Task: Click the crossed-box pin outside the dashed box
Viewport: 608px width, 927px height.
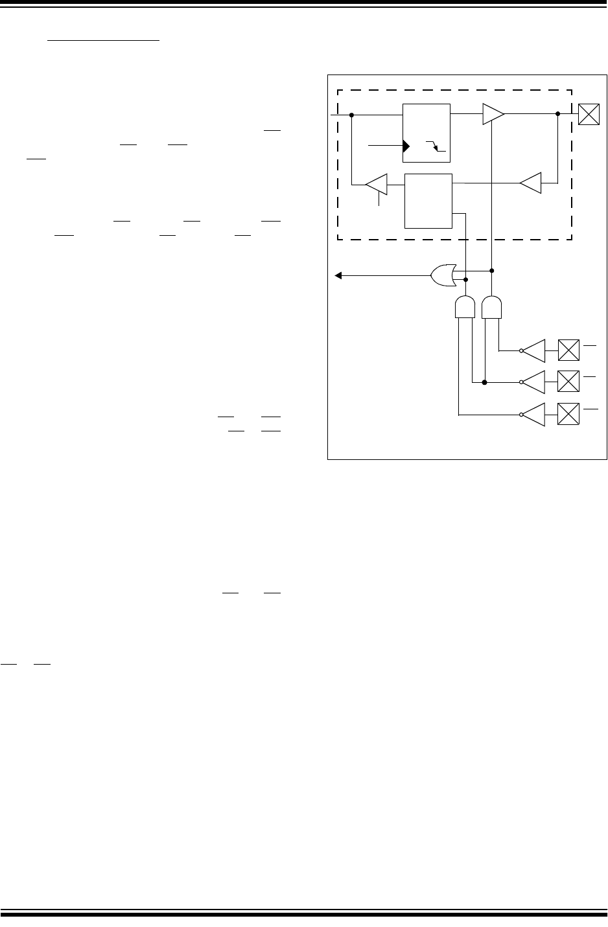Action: click(x=589, y=115)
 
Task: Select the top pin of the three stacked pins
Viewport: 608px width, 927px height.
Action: click(x=568, y=350)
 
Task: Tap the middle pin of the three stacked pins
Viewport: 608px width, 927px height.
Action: click(x=568, y=382)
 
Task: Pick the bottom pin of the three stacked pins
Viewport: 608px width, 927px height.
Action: click(x=568, y=415)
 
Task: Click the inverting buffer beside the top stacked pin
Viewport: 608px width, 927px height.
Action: click(x=534, y=350)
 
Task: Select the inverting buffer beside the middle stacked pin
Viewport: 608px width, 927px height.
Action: click(x=534, y=382)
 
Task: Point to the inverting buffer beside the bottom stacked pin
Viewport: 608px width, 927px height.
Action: click(x=534, y=415)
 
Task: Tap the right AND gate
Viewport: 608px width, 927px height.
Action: click(x=492, y=307)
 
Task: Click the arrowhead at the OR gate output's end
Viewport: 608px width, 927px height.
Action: click(x=338, y=275)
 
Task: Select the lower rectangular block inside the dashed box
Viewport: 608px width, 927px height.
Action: click(x=428, y=201)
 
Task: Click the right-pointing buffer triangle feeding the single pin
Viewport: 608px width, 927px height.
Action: click(x=493, y=115)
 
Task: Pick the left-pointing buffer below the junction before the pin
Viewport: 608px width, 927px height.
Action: click(x=531, y=183)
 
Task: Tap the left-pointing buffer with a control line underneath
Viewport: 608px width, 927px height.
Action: click(x=377, y=185)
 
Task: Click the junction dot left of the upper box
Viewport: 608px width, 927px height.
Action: click(x=351, y=115)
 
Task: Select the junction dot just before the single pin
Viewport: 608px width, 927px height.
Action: click(x=557, y=115)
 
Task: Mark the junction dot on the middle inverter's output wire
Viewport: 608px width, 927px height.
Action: click(x=484, y=382)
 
